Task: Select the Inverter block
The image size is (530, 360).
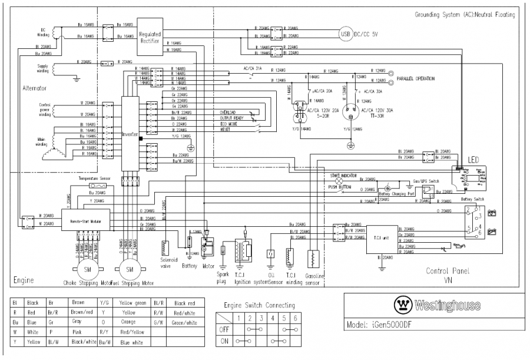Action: [x=130, y=134]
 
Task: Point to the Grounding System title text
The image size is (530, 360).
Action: [x=465, y=14]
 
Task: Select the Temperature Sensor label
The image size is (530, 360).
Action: [x=95, y=177]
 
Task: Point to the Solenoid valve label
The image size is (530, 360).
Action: [x=169, y=262]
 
